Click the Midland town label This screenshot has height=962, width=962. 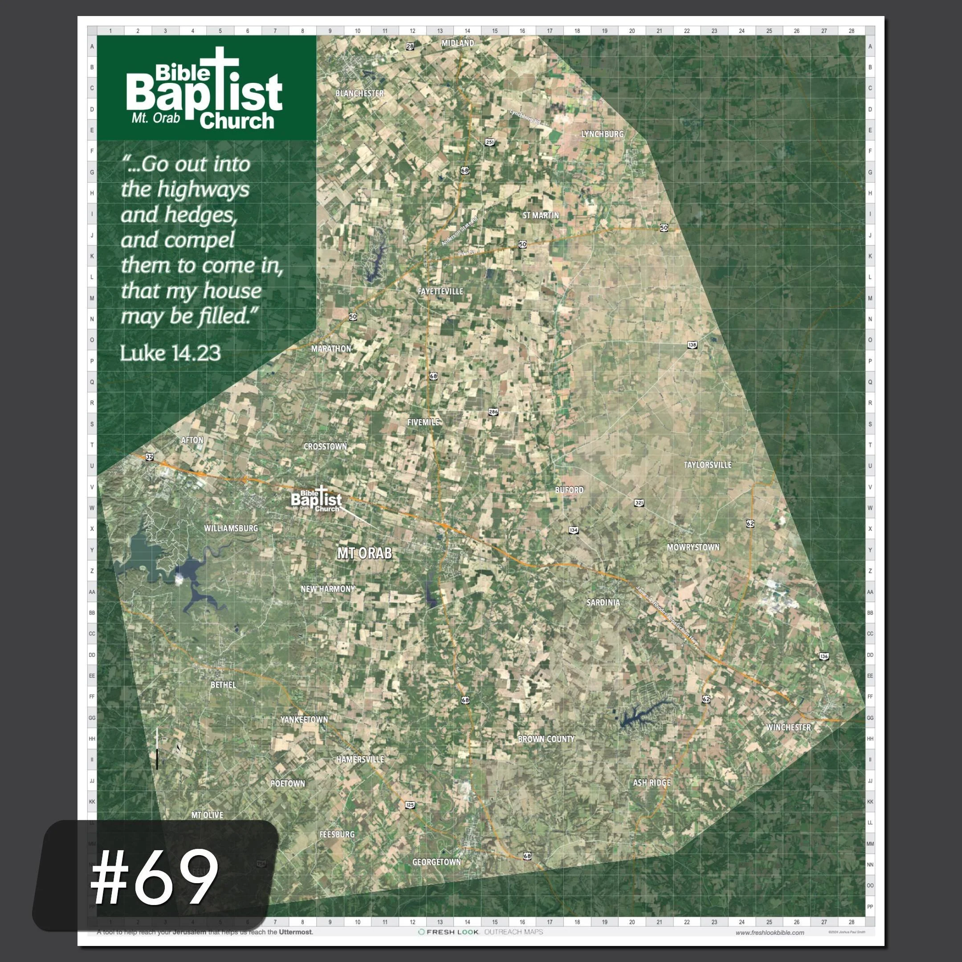(x=457, y=43)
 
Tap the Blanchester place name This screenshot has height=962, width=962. (x=359, y=93)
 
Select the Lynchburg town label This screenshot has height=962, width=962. (x=603, y=134)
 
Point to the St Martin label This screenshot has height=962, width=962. (x=541, y=215)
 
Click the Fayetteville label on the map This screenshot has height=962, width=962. (x=440, y=291)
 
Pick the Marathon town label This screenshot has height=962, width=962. (x=331, y=349)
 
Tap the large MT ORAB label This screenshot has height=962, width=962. (x=364, y=553)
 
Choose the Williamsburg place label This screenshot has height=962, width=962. (x=231, y=528)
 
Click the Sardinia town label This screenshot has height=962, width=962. (x=603, y=603)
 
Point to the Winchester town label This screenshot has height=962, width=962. (x=789, y=727)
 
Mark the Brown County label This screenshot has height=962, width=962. (x=546, y=739)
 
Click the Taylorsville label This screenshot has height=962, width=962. (x=708, y=465)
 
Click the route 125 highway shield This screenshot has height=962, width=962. (x=410, y=805)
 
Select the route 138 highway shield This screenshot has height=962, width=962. (x=692, y=345)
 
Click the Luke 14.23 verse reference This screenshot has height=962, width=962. (x=170, y=353)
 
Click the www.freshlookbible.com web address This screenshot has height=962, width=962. (x=769, y=933)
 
